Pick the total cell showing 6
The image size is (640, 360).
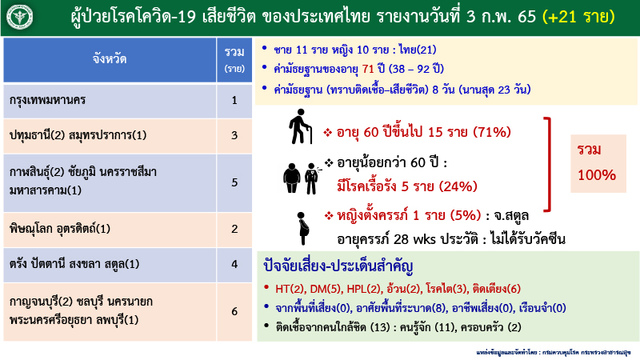(x=234, y=310)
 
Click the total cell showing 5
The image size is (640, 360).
(x=234, y=182)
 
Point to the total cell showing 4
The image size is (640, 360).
(x=234, y=263)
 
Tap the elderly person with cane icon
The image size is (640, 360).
(x=298, y=126)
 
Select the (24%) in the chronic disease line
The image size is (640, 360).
(x=454, y=187)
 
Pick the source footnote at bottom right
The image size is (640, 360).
(x=551, y=350)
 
